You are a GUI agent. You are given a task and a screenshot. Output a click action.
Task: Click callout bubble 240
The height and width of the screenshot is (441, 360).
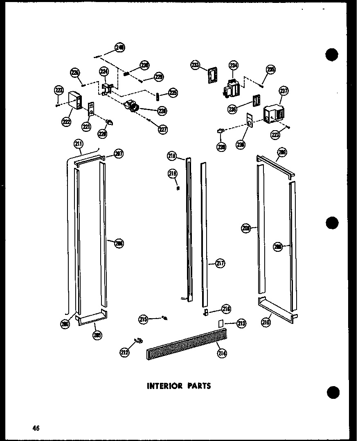click(119, 48)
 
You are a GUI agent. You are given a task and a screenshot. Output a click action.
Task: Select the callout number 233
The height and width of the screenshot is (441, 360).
click(196, 65)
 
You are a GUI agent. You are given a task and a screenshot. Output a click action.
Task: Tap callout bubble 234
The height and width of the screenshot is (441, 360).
click(233, 65)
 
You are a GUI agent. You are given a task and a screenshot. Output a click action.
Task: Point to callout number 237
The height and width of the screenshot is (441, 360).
click(283, 91)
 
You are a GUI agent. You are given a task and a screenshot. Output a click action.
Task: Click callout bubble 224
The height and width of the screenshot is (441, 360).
click(104, 72)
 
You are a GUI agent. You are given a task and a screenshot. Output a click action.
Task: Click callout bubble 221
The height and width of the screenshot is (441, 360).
click(86, 127)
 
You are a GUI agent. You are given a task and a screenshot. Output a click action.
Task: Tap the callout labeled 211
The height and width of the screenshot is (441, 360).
click(78, 143)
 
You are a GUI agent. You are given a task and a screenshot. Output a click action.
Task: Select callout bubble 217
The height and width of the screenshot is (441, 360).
click(220, 264)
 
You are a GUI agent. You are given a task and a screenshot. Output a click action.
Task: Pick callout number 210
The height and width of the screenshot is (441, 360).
click(266, 322)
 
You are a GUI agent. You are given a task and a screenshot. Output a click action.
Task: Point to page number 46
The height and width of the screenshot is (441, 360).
click(36, 428)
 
